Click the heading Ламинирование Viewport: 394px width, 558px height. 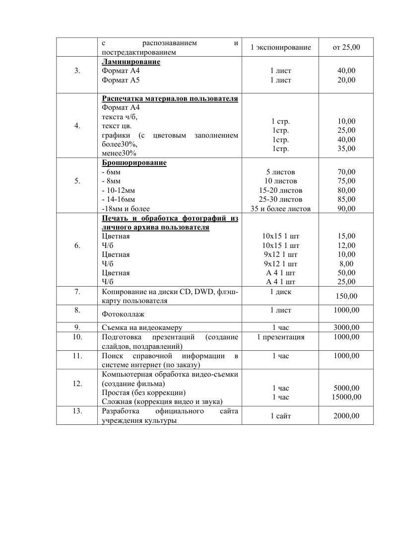tap(131, 62)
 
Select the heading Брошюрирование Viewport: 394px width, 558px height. tap(134, 163)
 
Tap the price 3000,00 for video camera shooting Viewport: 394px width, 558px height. tap(346, 327)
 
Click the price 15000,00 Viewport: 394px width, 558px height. tap(346, 397)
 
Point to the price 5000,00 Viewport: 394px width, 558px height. tap(346, 388)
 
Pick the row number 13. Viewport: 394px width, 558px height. tap(77, 411)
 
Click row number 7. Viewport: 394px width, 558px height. tap(77, 292)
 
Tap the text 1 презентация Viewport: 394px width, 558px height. tap(280, 337)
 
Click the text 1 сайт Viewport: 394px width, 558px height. tap(280, 416)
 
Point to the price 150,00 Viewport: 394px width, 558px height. tap(346, 297)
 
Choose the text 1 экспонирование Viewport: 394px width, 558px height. tap(280, 48)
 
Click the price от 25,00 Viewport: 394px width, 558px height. tap(346, 48)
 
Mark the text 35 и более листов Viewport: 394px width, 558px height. tap(280, 209)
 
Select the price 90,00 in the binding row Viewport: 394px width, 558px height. tap(346, 209)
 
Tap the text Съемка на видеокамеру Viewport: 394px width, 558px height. tap(142, 327)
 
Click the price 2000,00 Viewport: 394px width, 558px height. tap(346, 416)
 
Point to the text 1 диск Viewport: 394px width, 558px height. tap(280, 292)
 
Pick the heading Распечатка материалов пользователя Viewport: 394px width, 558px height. tap(170, 98)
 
